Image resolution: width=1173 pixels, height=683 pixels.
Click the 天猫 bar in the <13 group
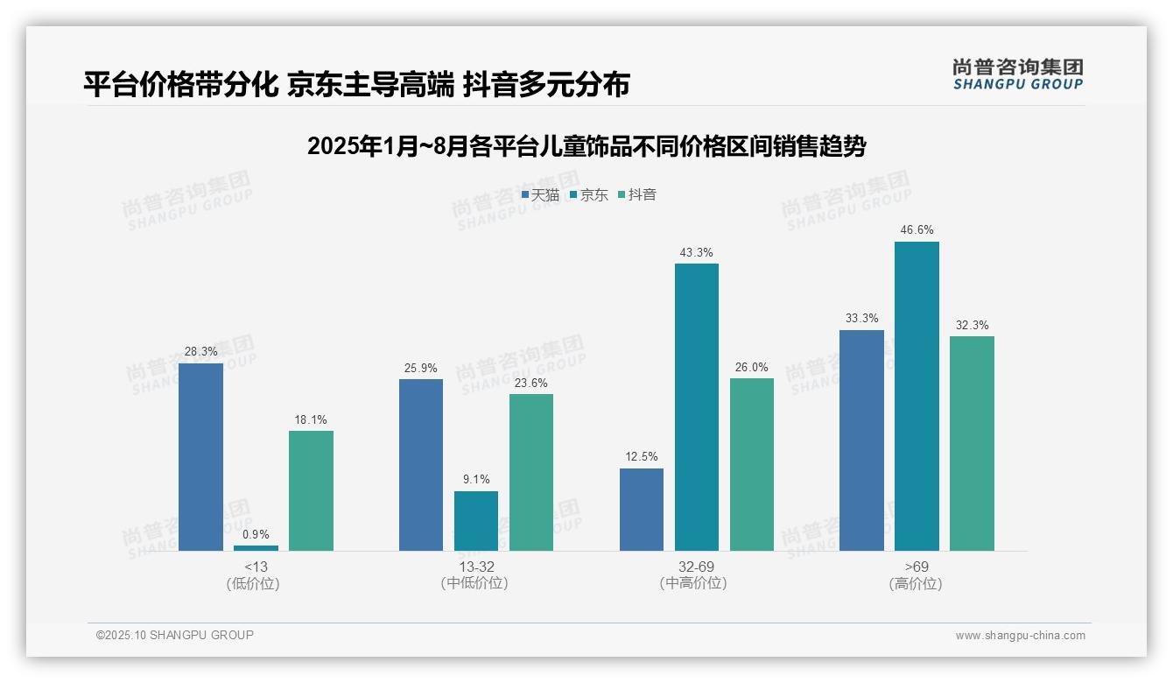point(200,456)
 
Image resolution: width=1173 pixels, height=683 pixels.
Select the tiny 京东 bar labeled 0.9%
point(256,547)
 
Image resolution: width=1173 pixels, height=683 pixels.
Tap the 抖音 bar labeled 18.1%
point(311,490)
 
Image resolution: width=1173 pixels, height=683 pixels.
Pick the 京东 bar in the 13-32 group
point(475,520)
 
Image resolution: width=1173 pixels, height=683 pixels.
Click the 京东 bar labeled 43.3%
point(696,406)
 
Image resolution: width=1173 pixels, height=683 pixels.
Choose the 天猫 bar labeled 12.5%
point(641,509)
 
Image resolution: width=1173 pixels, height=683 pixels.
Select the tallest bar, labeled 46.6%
point(917,396)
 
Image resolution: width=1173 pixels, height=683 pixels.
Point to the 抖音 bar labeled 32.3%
point(972,443)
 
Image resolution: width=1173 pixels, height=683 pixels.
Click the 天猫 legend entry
point(540,194)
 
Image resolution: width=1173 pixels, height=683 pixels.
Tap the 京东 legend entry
point(589,194)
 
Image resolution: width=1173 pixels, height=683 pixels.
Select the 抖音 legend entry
point(637,194)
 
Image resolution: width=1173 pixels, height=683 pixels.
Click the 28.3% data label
point(200,351)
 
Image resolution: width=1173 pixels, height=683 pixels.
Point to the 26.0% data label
point(751,367)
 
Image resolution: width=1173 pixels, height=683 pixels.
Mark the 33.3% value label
point(861,319)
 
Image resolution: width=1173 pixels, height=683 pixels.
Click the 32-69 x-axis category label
point(696,567)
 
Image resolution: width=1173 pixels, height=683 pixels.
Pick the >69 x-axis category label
point(917,567)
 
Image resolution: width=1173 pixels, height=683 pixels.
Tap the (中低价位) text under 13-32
point(474,583)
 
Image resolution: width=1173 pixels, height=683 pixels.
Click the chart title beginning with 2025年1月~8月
point(586,146)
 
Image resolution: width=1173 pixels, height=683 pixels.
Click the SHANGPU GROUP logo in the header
point(1017,74)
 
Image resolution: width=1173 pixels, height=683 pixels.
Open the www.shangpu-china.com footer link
point(1020,636)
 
